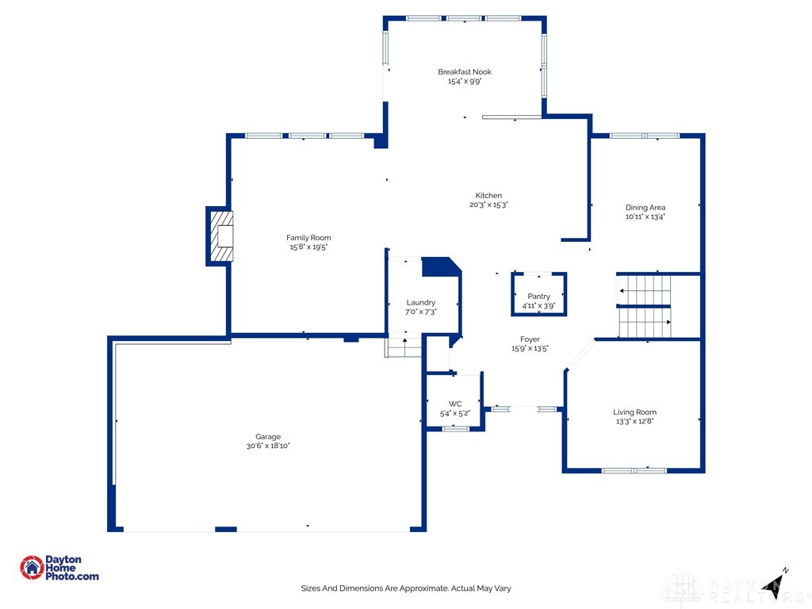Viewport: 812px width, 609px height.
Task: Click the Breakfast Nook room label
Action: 465,72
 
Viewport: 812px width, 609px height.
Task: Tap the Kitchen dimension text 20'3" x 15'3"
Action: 488,205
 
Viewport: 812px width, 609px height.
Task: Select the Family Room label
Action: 308,238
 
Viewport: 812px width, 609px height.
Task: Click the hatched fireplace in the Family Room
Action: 222,236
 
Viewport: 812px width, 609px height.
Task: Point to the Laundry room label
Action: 420,303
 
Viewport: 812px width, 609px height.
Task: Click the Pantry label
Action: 538,297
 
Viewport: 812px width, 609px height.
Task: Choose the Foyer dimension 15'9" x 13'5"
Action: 530,348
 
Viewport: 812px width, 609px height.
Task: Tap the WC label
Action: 455,404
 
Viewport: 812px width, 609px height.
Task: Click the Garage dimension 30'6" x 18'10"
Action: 268,446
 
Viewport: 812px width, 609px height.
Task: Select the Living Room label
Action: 634,412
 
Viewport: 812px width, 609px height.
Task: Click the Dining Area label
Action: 645,208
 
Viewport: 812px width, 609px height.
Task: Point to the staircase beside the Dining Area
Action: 644,306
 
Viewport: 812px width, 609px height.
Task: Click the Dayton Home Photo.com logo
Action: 59,568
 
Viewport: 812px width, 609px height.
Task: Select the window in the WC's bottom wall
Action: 455,429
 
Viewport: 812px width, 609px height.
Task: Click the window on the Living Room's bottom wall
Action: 634,470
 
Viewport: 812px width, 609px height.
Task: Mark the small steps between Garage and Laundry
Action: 403,347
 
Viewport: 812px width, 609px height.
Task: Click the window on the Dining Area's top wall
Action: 645,136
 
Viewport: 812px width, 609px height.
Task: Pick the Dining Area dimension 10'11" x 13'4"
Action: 645,216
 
